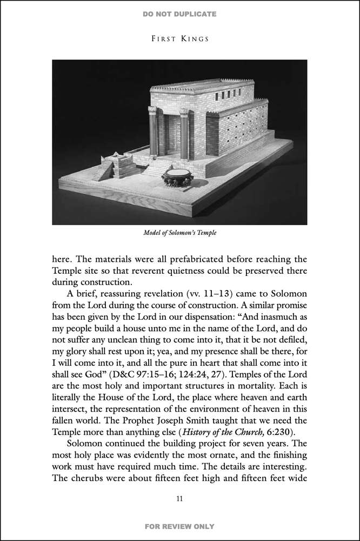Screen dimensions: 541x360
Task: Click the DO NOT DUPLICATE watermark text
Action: tap(179, 14)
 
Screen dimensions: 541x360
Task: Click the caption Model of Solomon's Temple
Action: tap(180, 233)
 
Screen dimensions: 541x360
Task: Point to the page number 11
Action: tap(180, 498)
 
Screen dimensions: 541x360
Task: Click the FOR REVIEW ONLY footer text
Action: tap(179, 526)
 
